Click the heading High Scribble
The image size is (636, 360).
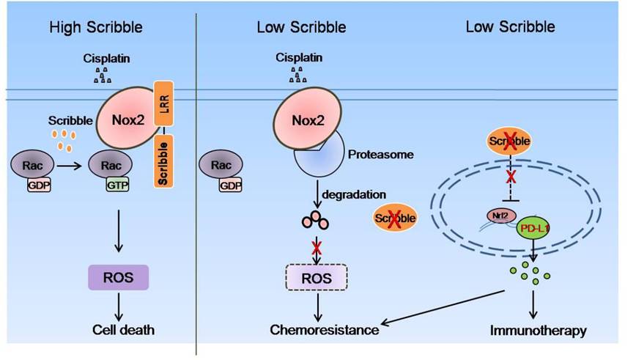(x=95, y=29)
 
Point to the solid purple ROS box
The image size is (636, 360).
(x=119, y=277)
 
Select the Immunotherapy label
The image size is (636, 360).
(x=539, y=330)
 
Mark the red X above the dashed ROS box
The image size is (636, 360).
(x=317, y=248)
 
